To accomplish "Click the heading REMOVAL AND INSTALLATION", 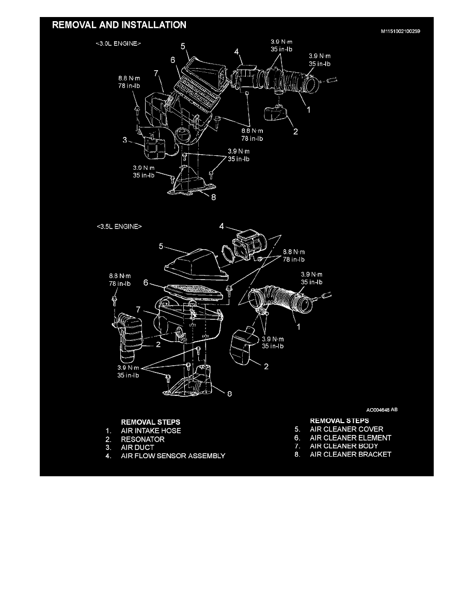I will [x=119, y=25].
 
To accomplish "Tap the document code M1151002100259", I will [x=401, y=31].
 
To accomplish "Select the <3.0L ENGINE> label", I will [x=118, y=44].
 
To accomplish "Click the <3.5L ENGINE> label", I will [x=119, y=227].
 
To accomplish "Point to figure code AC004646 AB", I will [x=382, y=410].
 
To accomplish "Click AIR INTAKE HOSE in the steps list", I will [x=151, y=430].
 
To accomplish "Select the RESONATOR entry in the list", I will [x=143, y=439].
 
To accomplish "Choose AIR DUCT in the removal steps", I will [x=137, y=447].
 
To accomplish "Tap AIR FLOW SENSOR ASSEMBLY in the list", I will [x=173, y=456].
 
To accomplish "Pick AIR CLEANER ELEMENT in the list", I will [x=351, y=438].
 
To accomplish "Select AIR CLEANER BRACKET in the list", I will [x=351, y=455].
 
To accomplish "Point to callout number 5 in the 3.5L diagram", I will [x=161, y=247].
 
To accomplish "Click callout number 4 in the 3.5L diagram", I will [x=222, y=225].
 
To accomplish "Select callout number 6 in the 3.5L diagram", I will [x=146, y=283].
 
